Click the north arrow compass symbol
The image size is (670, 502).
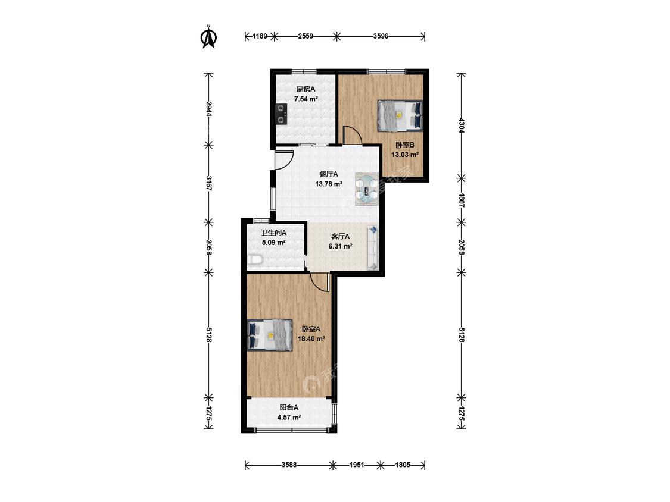pos(209,37)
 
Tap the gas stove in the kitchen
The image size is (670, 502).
pos(281,114)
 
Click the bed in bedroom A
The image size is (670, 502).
pos(270,335)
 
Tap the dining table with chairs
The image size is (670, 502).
pos(367,189)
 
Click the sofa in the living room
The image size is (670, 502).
pos(373,248)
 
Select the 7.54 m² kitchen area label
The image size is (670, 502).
pos(306,99)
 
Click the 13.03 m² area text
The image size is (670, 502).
pos(404,155)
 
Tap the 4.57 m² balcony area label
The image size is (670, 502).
pos(289,417)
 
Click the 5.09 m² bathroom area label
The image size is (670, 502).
pos(274,243)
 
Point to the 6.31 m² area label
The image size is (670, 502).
pos(340,246)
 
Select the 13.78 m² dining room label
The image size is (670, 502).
pos(329,184)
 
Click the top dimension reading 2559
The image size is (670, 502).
pos(306,36)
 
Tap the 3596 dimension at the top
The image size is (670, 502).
pos(381,36)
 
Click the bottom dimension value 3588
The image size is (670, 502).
pos(289,465)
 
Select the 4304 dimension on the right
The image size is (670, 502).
pos(461,125)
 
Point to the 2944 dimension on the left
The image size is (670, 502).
pos(208,109)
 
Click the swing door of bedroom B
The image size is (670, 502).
pos(353,135)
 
